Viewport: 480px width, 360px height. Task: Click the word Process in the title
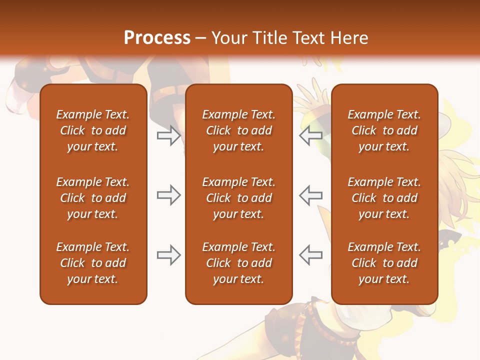click(157, 37)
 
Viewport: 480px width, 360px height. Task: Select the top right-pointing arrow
click(168, 135)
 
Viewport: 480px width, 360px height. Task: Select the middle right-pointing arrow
click(168, 195)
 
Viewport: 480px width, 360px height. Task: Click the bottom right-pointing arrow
click(168, 255)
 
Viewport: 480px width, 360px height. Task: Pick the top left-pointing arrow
click(310, 135)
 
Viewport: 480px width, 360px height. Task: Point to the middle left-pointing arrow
click(310, 195)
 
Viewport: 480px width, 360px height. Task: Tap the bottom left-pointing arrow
click(310, 255)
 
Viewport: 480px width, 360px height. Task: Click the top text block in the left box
click(93, 130)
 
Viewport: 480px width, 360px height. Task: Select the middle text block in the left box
click(93, 198)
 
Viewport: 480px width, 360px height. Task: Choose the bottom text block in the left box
click(93, 263)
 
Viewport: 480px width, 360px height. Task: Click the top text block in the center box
click(238, 130)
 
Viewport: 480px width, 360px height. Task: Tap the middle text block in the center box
click(238, 198)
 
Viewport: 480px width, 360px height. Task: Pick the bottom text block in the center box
click(238, 263)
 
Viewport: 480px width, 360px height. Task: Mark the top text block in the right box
click(384, 130)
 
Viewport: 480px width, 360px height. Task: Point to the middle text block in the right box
click(384, 198)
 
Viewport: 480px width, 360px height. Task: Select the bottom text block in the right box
click(384, 263)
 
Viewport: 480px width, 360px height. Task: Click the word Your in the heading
click(228, 37)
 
